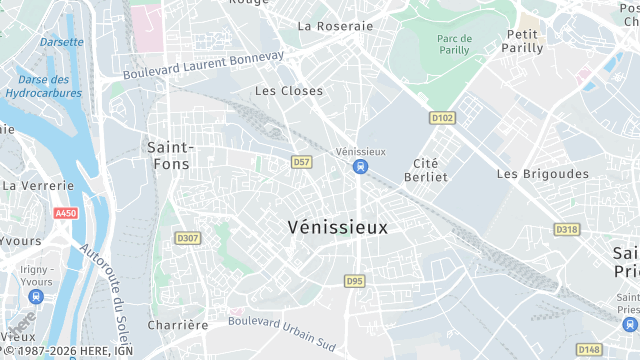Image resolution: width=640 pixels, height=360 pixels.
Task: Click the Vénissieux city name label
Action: [x=337, y=227]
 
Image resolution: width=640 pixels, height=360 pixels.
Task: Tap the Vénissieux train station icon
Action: [x=359, y=166]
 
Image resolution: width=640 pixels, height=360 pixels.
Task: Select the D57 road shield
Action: [x=302, y=161]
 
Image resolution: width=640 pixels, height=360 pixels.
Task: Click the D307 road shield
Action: [x=187, y=238]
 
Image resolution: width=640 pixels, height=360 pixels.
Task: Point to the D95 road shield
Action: [x=355, y=281]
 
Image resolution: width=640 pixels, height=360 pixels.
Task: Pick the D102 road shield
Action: [x=442, y=118]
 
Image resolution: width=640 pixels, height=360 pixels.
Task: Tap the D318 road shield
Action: [x=566, y=229]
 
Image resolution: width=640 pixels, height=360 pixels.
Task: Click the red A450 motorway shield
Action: [x=66, y=213]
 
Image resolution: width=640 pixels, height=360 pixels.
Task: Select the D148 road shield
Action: [x=589, y=349]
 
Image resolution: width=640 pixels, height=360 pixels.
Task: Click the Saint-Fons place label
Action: [x=170, y=155]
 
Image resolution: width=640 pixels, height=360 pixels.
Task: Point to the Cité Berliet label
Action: [x=430, y=169]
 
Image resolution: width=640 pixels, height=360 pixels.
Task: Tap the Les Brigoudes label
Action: [x=543, y=173]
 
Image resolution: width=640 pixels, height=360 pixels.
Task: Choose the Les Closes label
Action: [x=289, y=91]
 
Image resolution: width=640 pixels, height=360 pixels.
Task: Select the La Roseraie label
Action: [x=335, y=26]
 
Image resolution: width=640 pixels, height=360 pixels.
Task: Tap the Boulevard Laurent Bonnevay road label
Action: [x=204, y=67]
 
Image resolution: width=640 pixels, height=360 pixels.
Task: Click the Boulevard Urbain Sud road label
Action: [x=283, y=328]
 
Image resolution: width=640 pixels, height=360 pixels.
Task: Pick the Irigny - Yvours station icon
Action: [x=37, y=297]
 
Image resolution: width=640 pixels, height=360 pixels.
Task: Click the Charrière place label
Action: [x=178, y=325]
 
